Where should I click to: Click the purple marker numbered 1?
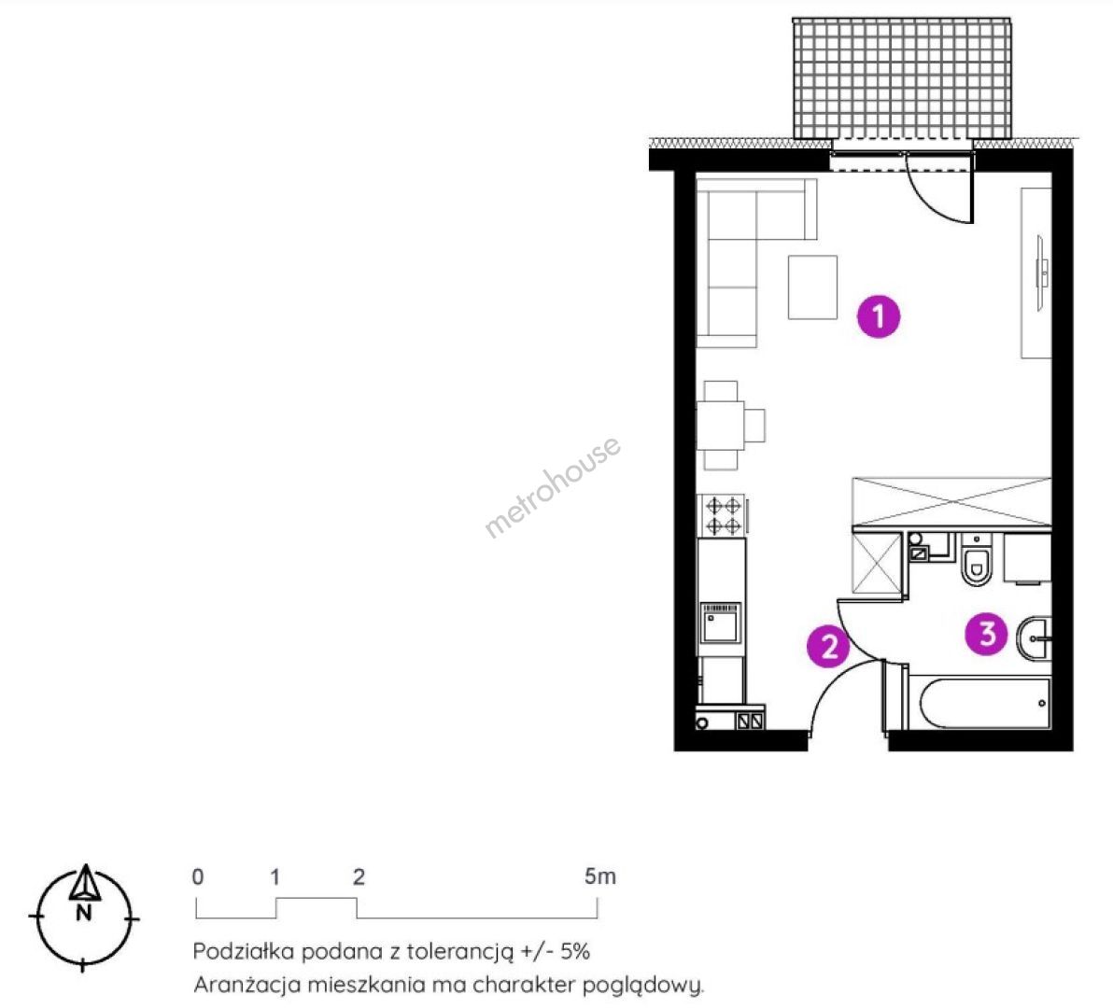(x=879, y=315)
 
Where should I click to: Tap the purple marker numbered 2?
(x=828, y=646)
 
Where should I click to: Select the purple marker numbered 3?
(x=987, y=634)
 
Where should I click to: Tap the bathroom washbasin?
(x=1035, y=638)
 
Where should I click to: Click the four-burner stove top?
(x=723, y=516)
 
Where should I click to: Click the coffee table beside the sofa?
(x=812, y=287)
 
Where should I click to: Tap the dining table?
(x=721, y=426)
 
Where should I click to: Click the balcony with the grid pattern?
(x=901, y=78)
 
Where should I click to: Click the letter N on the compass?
(x=84, y=913)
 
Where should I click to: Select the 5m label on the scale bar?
(x=599, y=876)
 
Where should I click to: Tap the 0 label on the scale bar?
(x=197, y=876)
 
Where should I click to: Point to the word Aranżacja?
(x=243, y=986)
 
